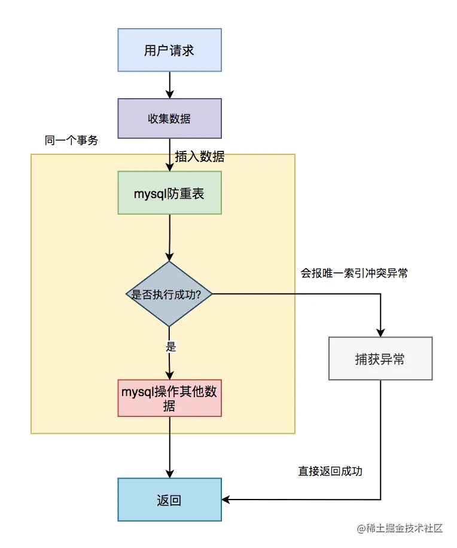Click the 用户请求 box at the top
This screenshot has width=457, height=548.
pyautogui.click(x=169, y=50)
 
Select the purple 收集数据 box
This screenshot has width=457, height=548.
pyautogui.click(x=169, y=118)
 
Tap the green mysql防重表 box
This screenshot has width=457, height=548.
pyautogui.click(x=169, y=193)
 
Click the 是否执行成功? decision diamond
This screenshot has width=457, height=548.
pyautogui.click(x=169, y=294)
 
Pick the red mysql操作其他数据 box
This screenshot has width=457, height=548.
pyautogui.click(x=170, y=398)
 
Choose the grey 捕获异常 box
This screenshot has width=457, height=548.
pyautogui.click(x=380, y=359)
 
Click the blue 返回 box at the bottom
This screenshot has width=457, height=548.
pyautogui.click(x=169, y=500)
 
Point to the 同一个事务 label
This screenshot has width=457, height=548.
pyautogui.click(x=71, y=141)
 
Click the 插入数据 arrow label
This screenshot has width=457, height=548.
pyautogui.click(x=200, y=157)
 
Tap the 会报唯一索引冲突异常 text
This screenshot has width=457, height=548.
pyautogui.click(x=354, y=273)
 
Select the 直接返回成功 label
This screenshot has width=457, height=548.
pyautogui.click(x=330, y=471)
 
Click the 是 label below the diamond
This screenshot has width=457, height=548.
pyautogui.click(x=170, y=346)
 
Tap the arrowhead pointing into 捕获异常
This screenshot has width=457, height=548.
pyautogui.click(x=380, y=333)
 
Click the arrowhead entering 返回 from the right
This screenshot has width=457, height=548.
pyautogui.click(x=227, y=500)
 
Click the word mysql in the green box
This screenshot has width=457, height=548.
pyautogui.click(x=150, y=193)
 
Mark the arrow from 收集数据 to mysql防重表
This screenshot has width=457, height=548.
pyautogui.click(x=169, y=154)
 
